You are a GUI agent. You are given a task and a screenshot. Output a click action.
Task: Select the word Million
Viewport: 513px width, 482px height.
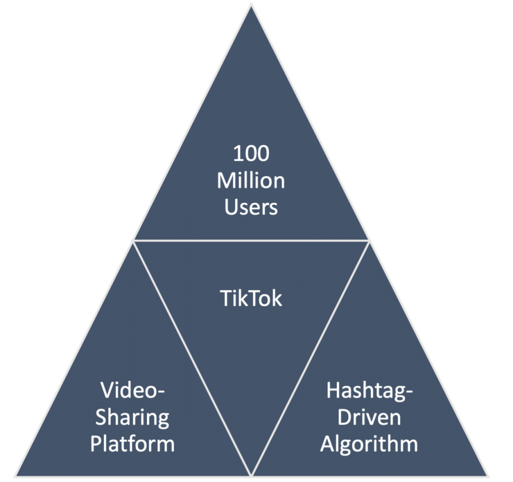251,180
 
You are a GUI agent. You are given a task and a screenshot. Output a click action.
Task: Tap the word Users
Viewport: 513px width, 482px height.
251,207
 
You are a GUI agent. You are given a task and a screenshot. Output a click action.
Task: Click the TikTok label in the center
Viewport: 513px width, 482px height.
251,298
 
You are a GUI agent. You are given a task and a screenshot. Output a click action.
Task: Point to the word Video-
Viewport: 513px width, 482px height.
132,389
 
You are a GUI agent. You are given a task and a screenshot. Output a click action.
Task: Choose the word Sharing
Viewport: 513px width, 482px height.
132,416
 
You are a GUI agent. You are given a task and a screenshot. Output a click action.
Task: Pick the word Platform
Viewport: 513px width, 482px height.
132,443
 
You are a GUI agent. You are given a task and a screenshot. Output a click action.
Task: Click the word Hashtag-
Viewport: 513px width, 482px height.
369,389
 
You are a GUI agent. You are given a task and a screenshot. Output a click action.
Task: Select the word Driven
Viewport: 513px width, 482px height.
369,416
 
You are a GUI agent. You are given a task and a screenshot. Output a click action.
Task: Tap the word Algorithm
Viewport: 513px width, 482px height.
369,443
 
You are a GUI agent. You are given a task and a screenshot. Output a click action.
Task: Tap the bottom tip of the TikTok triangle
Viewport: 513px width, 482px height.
251,472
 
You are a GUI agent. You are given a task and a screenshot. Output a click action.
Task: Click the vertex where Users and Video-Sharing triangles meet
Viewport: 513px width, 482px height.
133,241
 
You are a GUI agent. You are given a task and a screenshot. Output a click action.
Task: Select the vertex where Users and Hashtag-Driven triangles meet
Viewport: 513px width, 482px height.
370,241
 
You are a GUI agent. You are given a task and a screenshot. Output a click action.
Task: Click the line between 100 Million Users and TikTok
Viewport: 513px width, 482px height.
251,241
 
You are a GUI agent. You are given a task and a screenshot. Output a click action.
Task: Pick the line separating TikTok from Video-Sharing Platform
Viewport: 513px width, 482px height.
192,356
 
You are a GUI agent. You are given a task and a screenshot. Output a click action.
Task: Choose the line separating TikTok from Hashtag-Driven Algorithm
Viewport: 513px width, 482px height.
310,356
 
